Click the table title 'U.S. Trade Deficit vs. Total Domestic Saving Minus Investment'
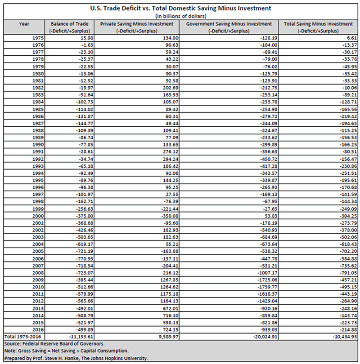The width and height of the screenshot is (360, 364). [180, 8]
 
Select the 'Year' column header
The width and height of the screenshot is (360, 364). [24, 23]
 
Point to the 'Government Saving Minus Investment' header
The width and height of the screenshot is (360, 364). [229, 23]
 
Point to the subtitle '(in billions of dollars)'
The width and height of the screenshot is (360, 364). [180, 16]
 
